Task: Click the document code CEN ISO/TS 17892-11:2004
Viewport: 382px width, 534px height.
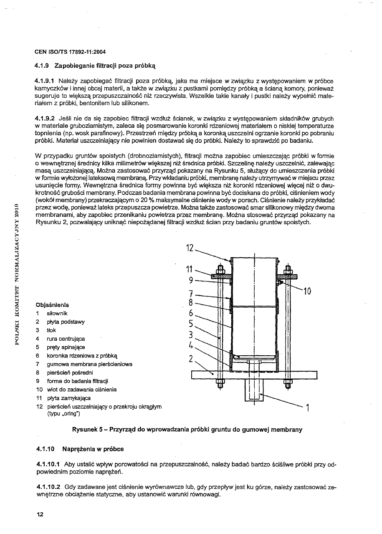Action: (70, 52)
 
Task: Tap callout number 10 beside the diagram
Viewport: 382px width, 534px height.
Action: (307, 291)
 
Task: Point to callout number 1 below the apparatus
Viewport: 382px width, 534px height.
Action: (307, 408)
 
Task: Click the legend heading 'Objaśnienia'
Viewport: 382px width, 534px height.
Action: (52, 305)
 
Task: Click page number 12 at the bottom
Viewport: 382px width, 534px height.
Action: (40, 515)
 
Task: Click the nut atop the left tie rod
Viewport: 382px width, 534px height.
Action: (220, 270)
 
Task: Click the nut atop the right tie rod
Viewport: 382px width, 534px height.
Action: (288, 270)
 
